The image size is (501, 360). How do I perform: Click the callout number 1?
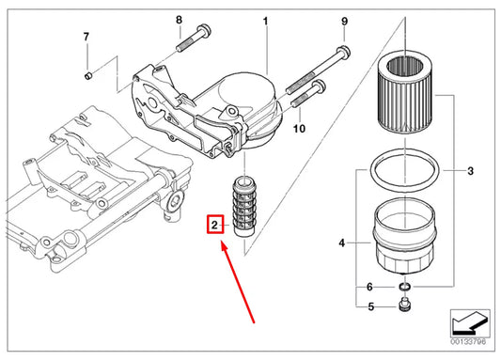click(x=265, y=20)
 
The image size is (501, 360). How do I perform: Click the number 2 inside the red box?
click(x=214, y=226)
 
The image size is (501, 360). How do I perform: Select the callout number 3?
click(x=470, y=170)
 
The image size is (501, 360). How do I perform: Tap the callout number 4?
click(x=342, y=243)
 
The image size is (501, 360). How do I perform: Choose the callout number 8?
click(x=179, y=20)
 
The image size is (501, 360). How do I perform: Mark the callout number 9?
click(x=344, y=21)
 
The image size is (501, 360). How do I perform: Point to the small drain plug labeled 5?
click(x=406, y=305)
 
